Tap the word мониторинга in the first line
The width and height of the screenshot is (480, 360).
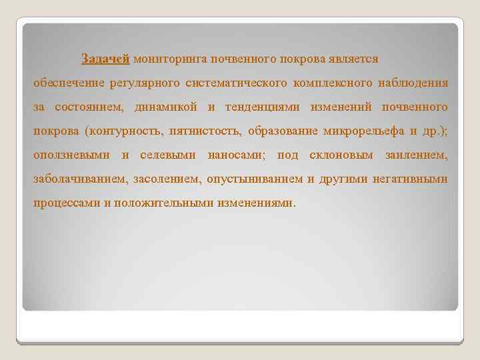tap(170, 59)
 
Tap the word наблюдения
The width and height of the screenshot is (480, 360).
tap(413, 83)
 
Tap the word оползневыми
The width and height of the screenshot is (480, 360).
tap(71, 155)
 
